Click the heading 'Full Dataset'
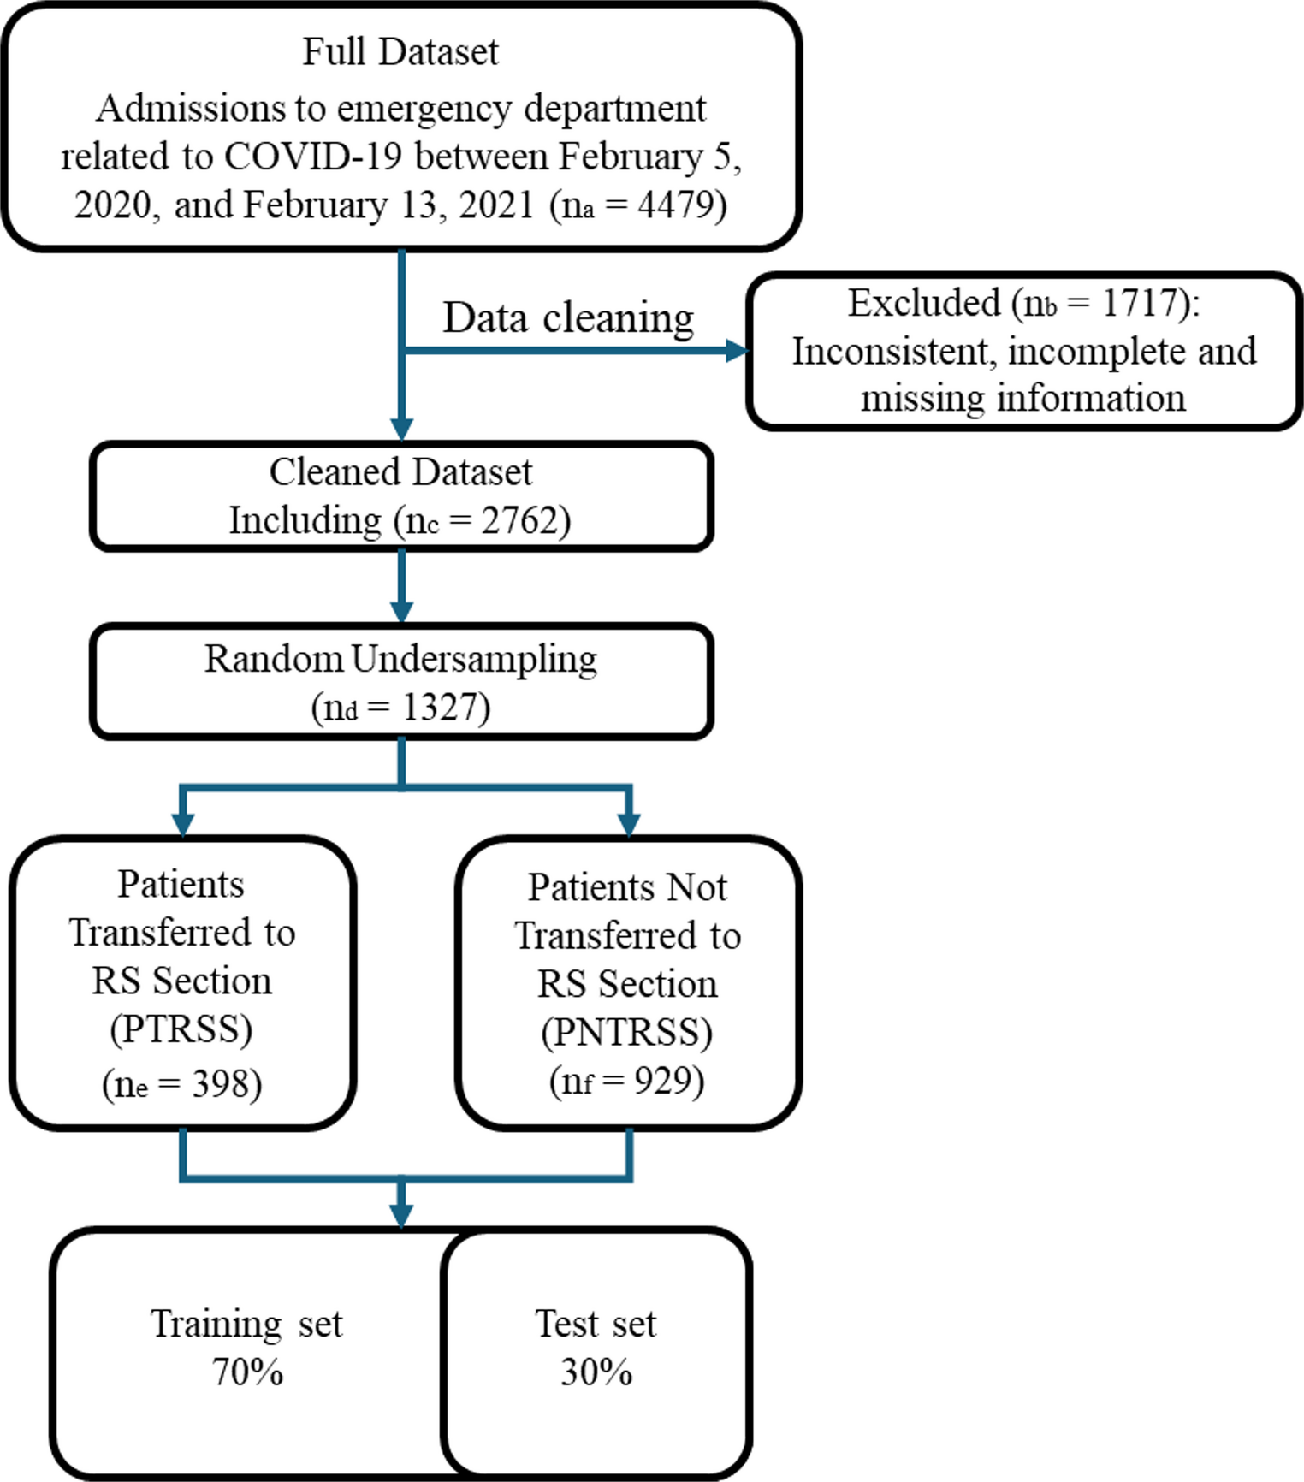[x=400, y=52]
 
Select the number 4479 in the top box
[x=676, y=205]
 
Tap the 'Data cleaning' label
[x=567, y=318]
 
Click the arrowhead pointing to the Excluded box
[x=736, y=350]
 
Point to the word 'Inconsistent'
[x=890, y=352]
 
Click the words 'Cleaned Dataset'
[x=400, y=472]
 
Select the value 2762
[x=519, y=520]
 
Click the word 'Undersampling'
[x=474, y=660]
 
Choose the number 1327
[x=440, y=708]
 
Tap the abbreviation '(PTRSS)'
[x=181, y=1029]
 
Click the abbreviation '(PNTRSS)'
[x=627, y=1033]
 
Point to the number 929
[x=663, y=1081]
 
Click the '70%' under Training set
[x=247, y=1372]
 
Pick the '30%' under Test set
[x=596, y=1372]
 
